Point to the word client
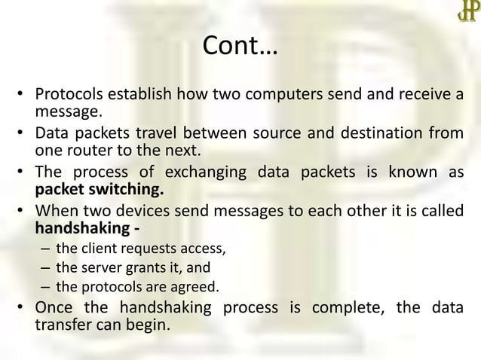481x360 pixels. pyautogui.click(x=97, y=249)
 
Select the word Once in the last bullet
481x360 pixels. pyautogui.click(x=57, y=310)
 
